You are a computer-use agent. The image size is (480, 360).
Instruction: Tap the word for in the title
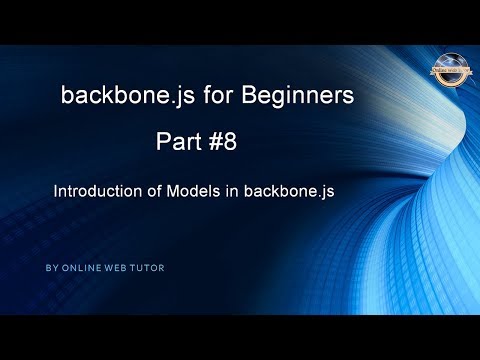click(205, 96)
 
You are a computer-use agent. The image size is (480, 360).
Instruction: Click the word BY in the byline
click(51, 268)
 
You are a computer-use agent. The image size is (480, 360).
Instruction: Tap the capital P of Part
click(162, 144)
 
